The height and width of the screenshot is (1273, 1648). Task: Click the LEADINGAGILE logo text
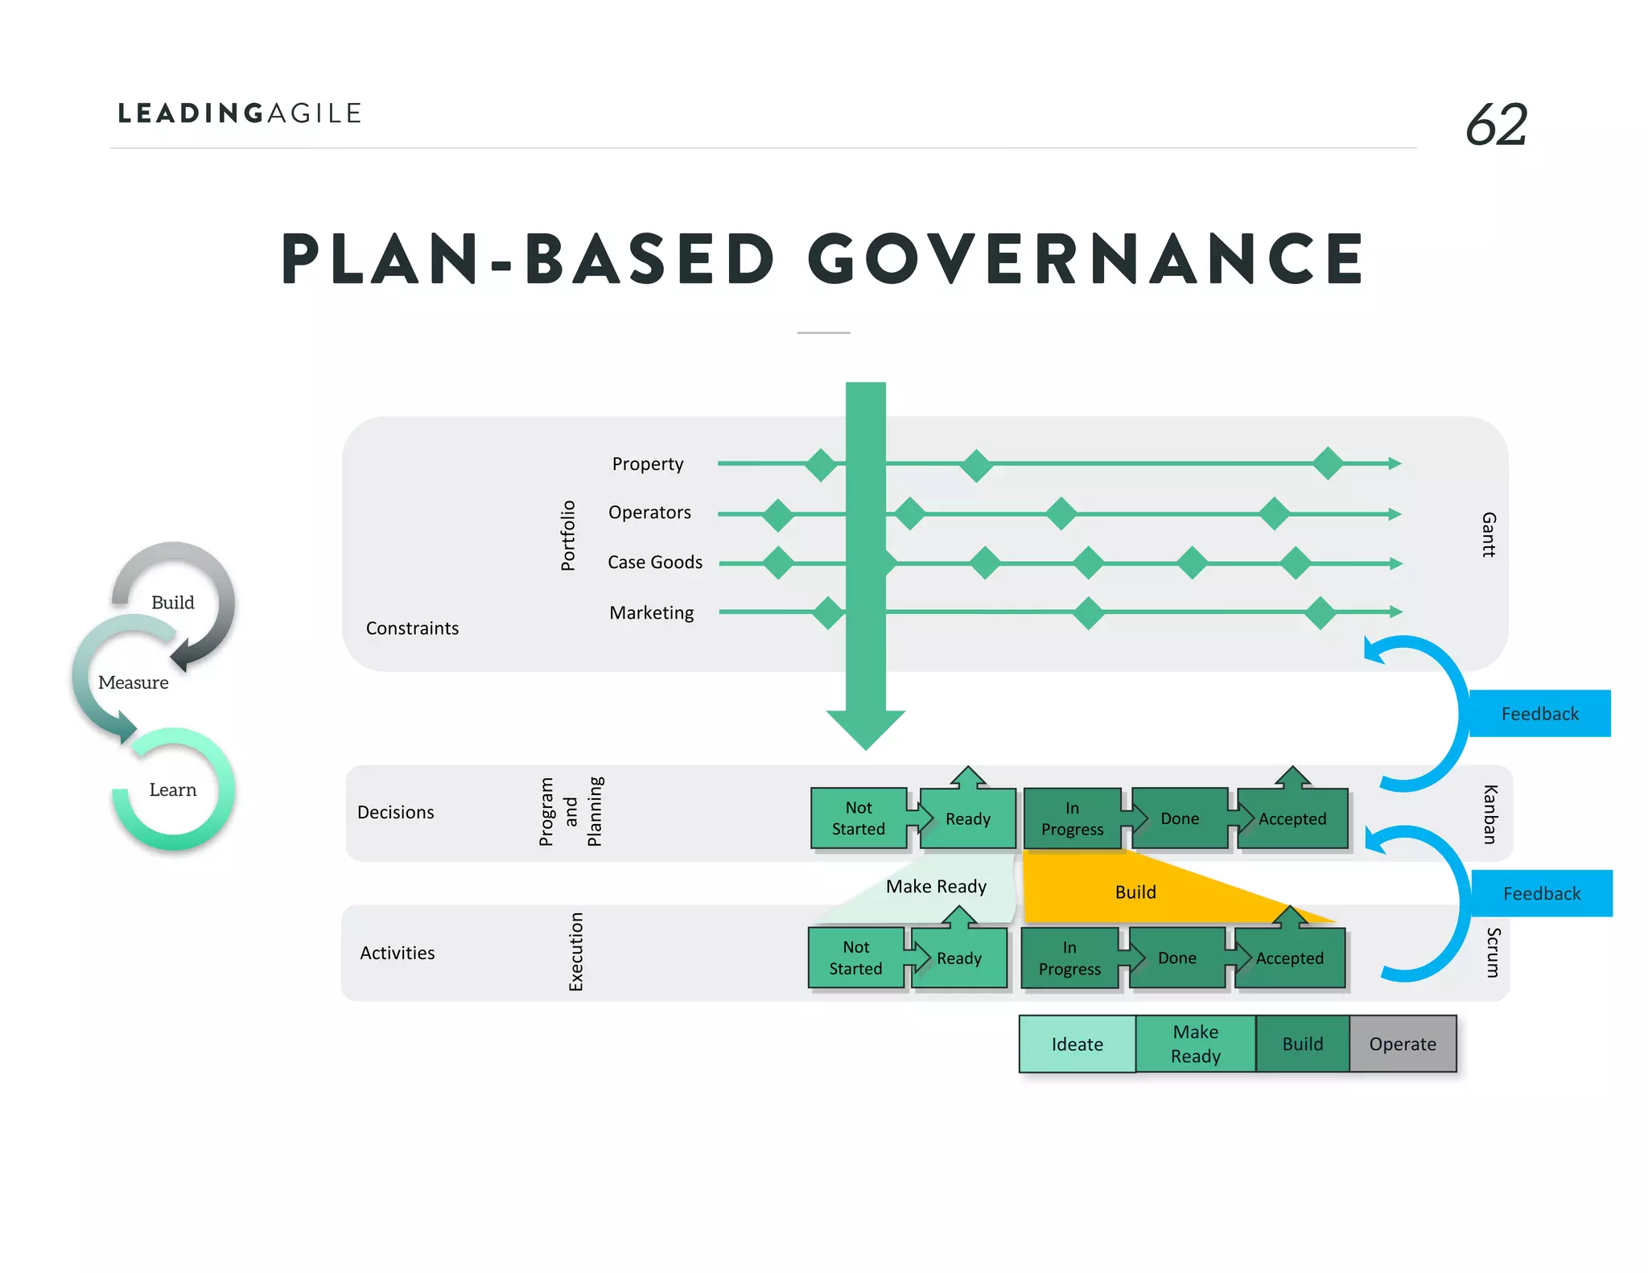[x=240, y=113]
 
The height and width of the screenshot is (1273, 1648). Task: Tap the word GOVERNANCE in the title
[x=1086, y=259]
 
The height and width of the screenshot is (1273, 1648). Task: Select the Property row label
[x=648, y=464]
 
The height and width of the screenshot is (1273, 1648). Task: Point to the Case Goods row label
[x=655, y=562]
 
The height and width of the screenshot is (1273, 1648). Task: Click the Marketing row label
[x=652, y=613]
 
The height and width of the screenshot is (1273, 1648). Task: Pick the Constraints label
[x=412, y=628]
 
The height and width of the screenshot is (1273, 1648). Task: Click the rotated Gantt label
[x=1489, y=534]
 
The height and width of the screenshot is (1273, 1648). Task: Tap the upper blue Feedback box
[x=1539, y=714]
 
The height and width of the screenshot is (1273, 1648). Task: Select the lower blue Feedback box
[x=1541, y=893]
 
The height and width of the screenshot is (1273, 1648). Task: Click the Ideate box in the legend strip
[x=1077, y=1044]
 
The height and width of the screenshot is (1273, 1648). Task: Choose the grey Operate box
[x=1403, y=1044]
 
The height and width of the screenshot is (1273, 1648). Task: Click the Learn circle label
[x=173, y=790]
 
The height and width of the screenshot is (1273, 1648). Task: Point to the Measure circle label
[x=134, y=683]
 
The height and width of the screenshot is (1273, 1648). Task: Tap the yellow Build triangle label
[x=1135, y=892]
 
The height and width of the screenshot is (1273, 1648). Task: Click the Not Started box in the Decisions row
[x=859, y=818]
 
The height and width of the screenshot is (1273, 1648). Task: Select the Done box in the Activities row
[x=1177, y=958]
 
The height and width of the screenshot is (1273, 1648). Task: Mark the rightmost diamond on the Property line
[x=1328, y=463]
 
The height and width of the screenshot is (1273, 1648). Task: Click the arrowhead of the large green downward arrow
[x=866, y=728]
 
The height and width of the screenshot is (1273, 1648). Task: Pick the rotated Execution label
[x=576, y=952]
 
